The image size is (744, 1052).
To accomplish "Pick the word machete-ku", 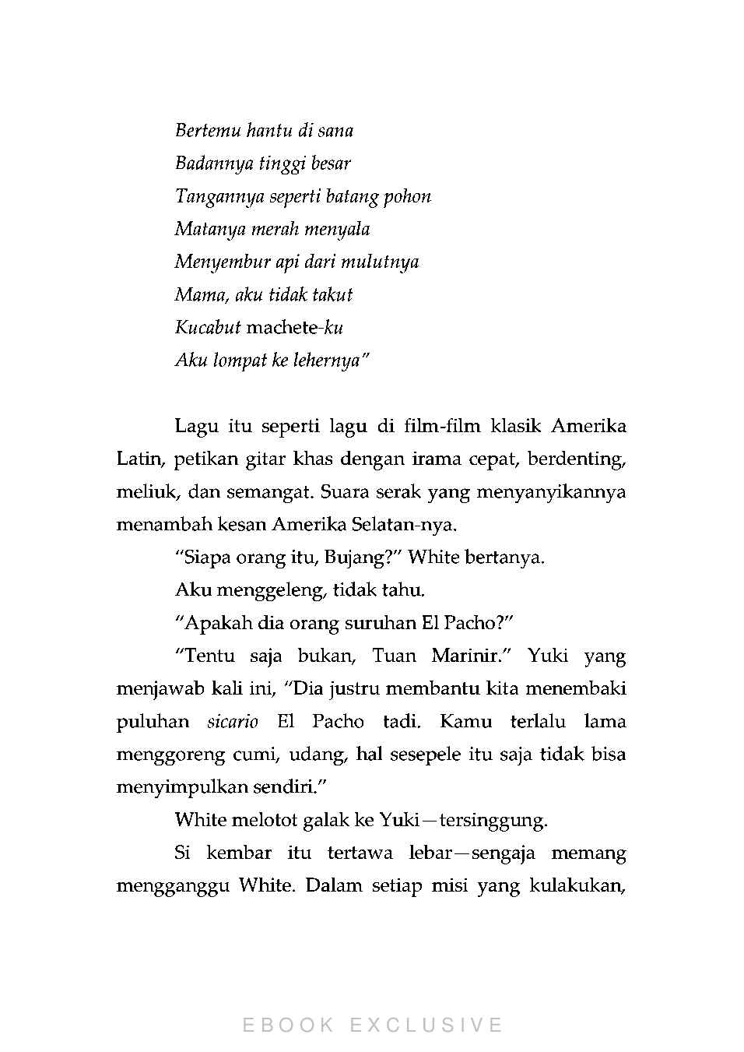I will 294,328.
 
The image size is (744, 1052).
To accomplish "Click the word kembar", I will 238,853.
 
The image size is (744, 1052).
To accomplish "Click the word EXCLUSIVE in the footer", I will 426,1025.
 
